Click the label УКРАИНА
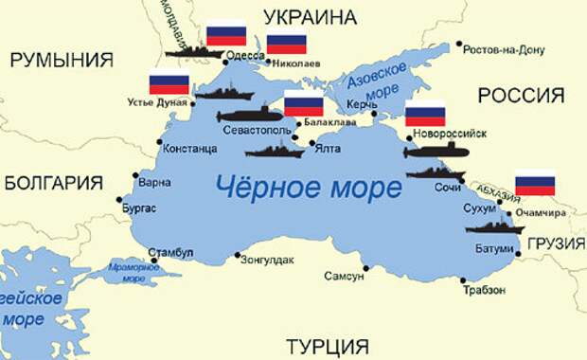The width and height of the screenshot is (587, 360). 311,17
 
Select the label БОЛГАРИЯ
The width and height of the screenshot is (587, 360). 53,184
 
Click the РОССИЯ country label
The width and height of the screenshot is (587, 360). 521,96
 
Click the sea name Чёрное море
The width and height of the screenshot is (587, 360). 309,187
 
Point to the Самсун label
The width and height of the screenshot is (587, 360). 344,278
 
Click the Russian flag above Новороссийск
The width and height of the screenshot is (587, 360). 425,113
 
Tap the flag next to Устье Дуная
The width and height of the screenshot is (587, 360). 169,83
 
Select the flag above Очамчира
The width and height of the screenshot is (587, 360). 535,183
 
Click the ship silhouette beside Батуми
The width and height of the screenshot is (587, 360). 493,227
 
